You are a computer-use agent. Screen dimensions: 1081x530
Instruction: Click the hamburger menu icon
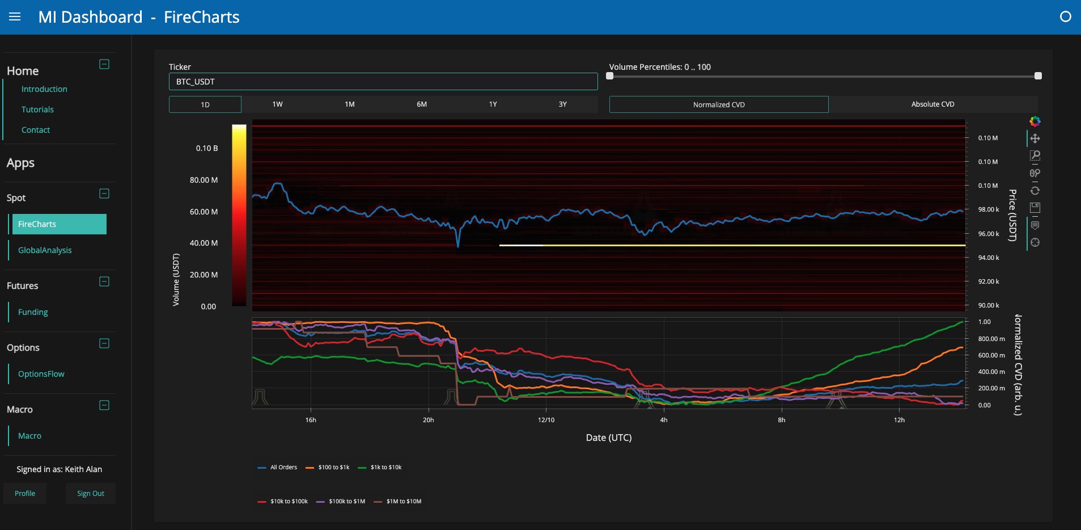(x=15, y=17)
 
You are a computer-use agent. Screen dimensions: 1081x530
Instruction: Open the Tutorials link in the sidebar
(x=37, y=110)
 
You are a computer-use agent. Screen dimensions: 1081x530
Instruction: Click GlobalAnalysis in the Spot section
(x=45, y=250)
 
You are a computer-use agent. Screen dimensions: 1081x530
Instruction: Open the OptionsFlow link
(x=41, y=374)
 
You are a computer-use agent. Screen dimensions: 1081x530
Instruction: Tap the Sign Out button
(x=91, y=494)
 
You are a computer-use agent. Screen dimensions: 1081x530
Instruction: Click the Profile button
(x=25, y=494)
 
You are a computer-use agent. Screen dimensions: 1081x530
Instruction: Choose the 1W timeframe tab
(x=277, y=104)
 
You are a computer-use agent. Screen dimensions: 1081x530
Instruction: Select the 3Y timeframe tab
(x=562, y=104)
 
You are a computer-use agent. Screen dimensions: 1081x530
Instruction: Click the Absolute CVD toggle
(x=932, y=104)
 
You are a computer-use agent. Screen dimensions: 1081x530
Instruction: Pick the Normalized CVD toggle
(x=719, y=104)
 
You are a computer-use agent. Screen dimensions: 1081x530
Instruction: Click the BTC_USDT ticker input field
(x=383, y=82)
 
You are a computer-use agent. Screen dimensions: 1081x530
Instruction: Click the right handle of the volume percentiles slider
(x=1038, y=75)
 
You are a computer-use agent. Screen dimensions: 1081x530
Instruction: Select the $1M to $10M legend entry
(x=398, y=502)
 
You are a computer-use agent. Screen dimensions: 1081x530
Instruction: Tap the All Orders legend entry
(x=277, y=468)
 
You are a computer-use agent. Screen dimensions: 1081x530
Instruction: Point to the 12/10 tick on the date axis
(x=546, y=420)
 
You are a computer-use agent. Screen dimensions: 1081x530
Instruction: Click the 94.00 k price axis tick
(x=989, y=258)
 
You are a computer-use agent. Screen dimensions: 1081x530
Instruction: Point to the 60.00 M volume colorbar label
(x=204, y=212)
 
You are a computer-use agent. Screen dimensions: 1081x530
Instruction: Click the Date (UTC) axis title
(x=608, y=438)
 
